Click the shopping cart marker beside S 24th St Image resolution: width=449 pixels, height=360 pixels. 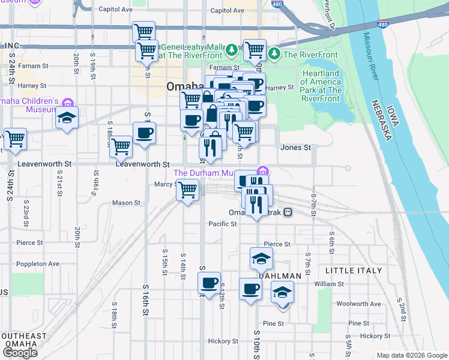(15, 139)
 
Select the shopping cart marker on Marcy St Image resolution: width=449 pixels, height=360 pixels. (188, 190)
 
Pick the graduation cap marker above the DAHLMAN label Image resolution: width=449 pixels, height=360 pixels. (261, 259)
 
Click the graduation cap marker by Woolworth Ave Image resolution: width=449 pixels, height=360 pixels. (282, 293)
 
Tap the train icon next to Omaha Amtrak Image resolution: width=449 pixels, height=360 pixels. (288, 212)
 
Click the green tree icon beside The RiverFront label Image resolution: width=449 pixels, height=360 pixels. (275, 54)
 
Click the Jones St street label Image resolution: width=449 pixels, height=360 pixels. (295, 148)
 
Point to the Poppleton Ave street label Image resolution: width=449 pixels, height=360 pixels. (38, 263)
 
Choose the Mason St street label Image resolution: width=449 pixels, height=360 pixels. (126, 203)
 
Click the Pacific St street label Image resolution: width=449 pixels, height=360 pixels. (223, 224)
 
